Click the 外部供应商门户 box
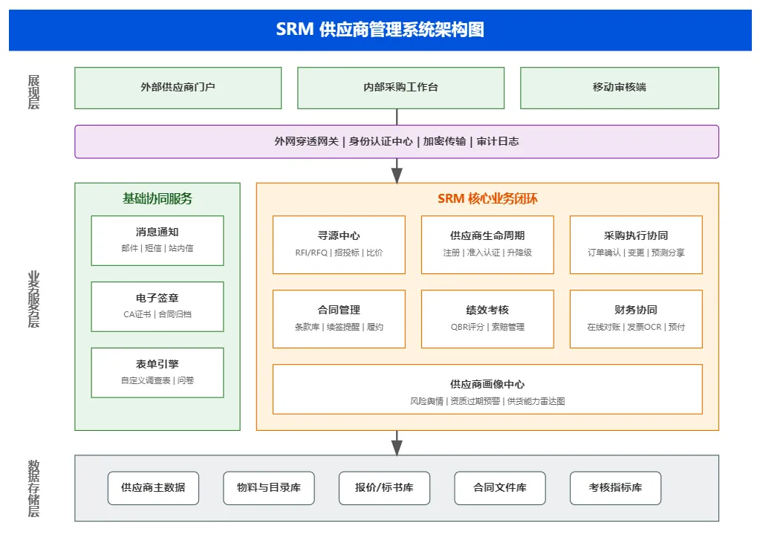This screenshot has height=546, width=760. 178,88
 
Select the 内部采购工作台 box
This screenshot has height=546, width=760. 400,88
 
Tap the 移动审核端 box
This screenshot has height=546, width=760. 619,88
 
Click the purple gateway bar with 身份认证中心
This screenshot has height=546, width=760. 397,141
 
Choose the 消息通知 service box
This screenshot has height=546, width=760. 157,240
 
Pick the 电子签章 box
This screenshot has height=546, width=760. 157,306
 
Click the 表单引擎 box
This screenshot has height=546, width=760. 157,372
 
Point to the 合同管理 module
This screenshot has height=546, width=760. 339,318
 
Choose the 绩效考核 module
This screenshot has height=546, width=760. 487,318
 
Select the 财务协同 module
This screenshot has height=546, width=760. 636,318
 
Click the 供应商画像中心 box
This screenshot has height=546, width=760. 487,389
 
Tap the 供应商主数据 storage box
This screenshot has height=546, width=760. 153,488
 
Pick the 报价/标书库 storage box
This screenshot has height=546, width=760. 384,488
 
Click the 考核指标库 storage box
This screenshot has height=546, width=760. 615,488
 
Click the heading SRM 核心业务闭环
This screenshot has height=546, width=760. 487,199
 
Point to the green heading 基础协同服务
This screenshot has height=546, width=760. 157,199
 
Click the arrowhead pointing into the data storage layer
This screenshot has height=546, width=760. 397,447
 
